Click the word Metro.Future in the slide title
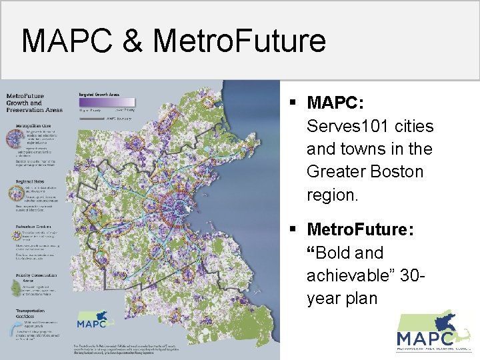239,41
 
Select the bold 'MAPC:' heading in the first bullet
335,103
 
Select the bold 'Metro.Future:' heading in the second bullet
360,230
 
